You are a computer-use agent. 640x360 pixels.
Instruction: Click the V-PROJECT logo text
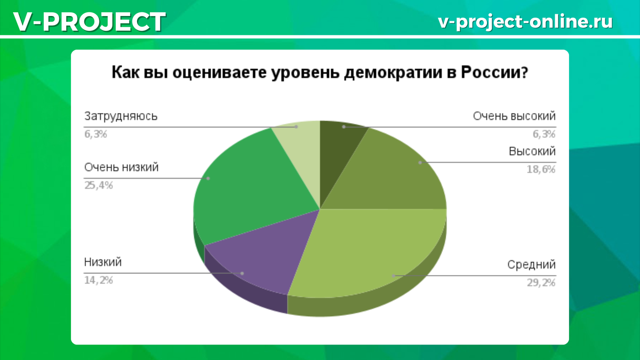(90, 22)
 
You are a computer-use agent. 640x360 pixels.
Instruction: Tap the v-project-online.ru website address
(525, 21)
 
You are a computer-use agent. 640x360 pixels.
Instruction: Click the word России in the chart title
(494, 73)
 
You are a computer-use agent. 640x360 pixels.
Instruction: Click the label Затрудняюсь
(121, 117)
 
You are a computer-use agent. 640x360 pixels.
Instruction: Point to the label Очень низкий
(121, 167)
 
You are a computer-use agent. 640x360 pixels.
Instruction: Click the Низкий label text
(103, 262)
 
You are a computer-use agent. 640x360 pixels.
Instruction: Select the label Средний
(531, 265)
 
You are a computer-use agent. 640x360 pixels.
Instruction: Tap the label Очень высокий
(514, 116)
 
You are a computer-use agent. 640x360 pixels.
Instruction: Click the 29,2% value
(541, 283)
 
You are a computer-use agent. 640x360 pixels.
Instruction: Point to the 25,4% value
(99, 186)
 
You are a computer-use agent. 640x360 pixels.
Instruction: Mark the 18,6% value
(541, 170)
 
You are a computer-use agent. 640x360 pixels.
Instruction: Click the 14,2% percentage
(99, 281)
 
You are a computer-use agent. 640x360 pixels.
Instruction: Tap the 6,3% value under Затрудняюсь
(95, 134)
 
